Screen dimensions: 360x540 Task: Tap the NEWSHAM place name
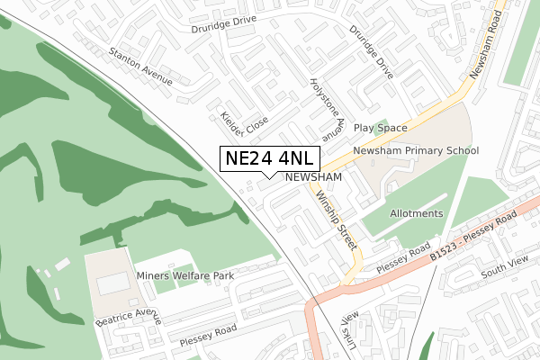click(x=314, y=178)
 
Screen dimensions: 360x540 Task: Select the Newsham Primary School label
click(x=416, y=151)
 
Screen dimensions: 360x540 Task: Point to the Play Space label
click(x=380, y=129)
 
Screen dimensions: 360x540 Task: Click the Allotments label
click(x=416, y=213)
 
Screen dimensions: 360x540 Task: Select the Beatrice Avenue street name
click(x=128, y=316)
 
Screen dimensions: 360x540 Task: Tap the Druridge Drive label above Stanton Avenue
click(x=223, y=28)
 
